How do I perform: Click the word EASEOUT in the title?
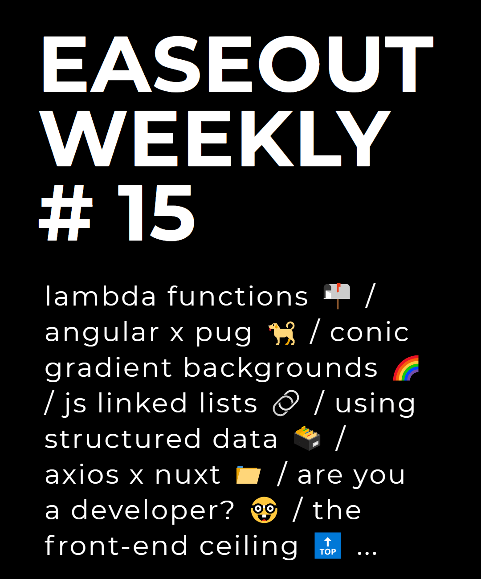tap(238, 64)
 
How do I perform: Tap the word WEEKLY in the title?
tap(215, 139)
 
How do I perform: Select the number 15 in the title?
tap(156, 213)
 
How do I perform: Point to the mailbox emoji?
tap(337, 296)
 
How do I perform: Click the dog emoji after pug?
tap(281, 333)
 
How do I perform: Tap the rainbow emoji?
tap(406, 368)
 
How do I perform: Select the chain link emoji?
tap(286, 403)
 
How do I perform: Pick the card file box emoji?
tap(307, 438)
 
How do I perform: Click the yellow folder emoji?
tap(249, 475)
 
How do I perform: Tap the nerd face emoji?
tap(264, 510)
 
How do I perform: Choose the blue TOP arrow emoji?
tap(328, 546)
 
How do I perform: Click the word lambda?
tap(100, 296)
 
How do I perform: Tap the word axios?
tap(82, 475)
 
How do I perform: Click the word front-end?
tap(116, 546)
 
